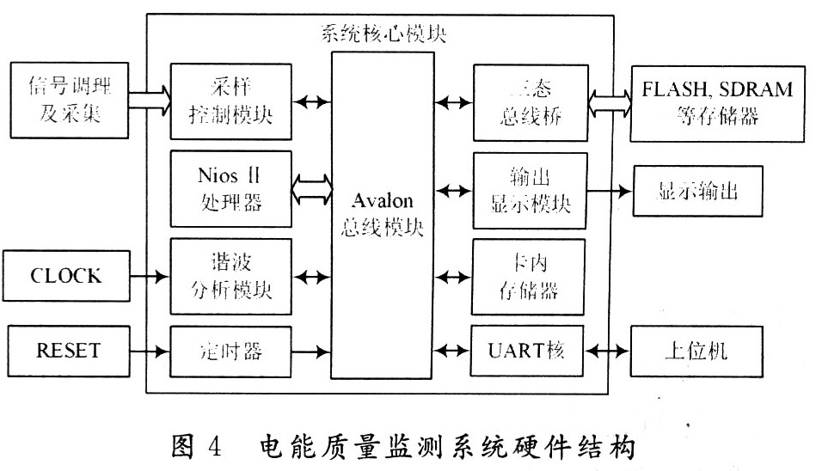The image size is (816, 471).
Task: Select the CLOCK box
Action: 66,277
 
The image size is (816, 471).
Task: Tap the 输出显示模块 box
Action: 530,190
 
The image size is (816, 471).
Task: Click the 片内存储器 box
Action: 530,276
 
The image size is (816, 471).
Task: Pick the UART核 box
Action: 530,351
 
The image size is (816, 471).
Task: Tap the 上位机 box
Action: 699,351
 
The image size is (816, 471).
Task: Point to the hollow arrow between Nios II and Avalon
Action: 311,188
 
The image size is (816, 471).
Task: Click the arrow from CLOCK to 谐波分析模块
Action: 150,277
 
